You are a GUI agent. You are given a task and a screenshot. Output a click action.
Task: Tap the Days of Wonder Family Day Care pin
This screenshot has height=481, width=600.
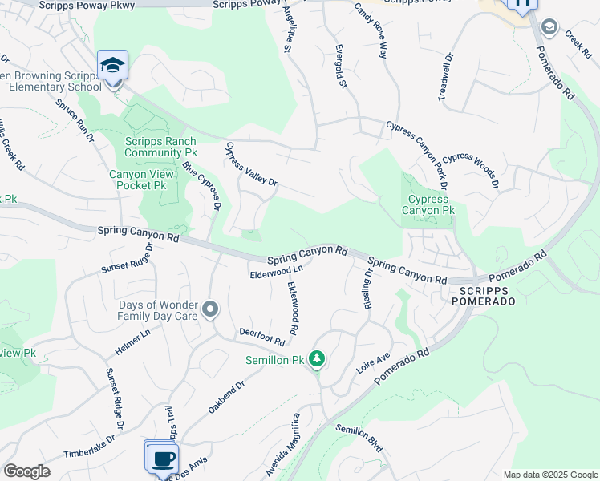tap(210, 309)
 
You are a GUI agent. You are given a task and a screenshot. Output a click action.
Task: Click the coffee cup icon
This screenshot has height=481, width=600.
tap(164, 459)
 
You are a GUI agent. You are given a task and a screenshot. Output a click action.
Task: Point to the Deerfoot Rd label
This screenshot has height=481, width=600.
tap(262, 336)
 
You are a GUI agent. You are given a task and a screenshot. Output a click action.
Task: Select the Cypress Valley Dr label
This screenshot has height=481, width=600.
tap(251, 164)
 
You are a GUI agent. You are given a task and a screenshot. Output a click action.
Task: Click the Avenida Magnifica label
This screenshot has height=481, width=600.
tap(286, 444)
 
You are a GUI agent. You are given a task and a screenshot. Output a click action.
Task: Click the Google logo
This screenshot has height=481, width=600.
tap(26, 471)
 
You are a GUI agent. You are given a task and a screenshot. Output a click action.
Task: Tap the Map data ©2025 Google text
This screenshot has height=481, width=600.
tap(550, 475)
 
